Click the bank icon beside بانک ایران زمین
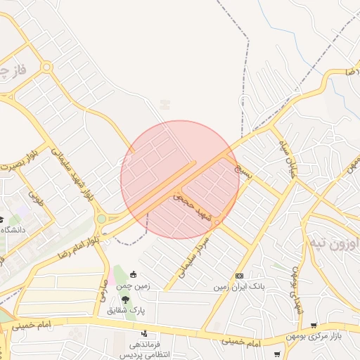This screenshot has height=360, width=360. tap(240, 276)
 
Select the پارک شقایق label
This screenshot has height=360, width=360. tap(126, 309)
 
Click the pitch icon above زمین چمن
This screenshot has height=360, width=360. tap(133, 275)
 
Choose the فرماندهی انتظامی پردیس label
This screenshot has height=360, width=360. tap(145, 350)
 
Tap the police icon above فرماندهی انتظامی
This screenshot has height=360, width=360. tap(145, 333)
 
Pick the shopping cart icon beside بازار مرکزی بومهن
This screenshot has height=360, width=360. tap(313, 326)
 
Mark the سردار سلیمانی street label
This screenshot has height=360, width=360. tap(195, 251)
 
